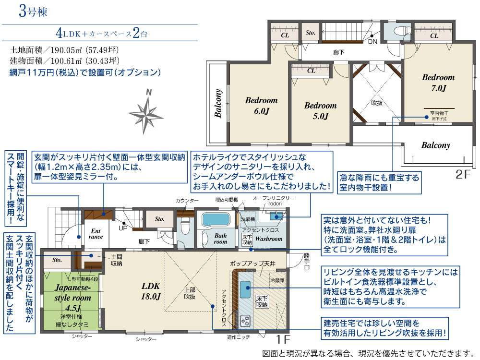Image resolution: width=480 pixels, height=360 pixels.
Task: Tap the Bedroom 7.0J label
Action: tap(438, 83)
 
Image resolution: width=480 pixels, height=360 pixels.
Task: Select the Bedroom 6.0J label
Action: tap(261, 106)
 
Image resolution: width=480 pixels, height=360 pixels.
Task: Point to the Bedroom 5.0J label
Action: tap(320, 111)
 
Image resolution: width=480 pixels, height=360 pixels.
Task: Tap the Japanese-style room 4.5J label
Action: tap(72, 297)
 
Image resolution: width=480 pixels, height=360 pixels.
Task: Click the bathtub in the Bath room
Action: tap(217, 221)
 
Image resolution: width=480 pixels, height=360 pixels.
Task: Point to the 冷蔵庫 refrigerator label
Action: tap(277, 279)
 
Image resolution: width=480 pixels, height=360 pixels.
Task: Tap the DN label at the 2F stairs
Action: tap(372, 42)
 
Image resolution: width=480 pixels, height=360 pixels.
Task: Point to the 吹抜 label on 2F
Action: tap(376, 103)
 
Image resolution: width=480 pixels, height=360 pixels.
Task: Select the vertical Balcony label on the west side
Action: tap(218, 103)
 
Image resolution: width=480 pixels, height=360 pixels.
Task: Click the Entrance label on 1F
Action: tap(96, 233)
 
